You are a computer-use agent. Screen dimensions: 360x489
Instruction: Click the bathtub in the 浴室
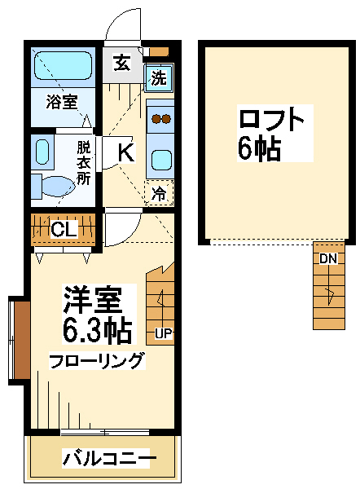click(x=64, y=65)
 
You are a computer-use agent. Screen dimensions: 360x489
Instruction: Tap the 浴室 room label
click(x=62, y=102)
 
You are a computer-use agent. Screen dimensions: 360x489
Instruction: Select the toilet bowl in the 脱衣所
click(x=59, y=187)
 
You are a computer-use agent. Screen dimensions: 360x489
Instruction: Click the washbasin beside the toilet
click(x=42, y=152)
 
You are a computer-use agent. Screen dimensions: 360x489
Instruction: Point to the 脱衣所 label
click(x=84, y=163)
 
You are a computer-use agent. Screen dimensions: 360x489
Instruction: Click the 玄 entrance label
click(x=121, y=63)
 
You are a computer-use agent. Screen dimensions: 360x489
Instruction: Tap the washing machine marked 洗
click(x=159, y=77)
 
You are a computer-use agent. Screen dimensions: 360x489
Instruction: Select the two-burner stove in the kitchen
click(x=160, y=119)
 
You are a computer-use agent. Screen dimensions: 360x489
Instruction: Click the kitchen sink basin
click(x=162, y=160)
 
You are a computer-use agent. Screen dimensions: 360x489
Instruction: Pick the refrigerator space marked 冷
click(x=159, y=192)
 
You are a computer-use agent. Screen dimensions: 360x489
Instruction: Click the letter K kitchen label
click(x=126, y=152)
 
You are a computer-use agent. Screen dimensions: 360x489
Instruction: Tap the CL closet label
click(x=64, y=230)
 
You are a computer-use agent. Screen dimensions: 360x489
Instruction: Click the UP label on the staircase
click(x=164, y=333)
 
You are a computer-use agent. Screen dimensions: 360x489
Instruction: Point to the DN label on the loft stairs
click(x=328, y=258)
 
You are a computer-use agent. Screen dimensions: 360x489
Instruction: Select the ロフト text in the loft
click(x=271, y=119)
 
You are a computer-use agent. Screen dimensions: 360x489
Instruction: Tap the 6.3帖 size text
click(x=97, y=329)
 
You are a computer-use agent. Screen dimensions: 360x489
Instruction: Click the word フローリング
click(x=97, y=361)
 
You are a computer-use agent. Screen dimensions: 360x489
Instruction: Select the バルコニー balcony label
click(x=109, y=458)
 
